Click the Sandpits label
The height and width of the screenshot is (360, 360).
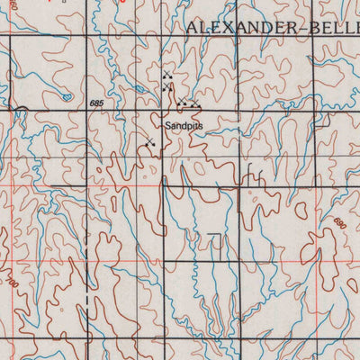[184, 128]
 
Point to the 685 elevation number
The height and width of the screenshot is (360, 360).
[96, 104]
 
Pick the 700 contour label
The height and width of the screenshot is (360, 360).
[13, 283]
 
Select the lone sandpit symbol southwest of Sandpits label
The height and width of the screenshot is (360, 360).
[149, 142]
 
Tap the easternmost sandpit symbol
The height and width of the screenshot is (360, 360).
[195, 105]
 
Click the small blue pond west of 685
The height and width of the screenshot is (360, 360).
[65, 95]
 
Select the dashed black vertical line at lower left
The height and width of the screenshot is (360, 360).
[85, 306]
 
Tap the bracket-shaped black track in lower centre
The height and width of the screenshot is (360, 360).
[216, 243]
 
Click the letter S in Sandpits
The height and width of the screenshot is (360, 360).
[166, 128]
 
